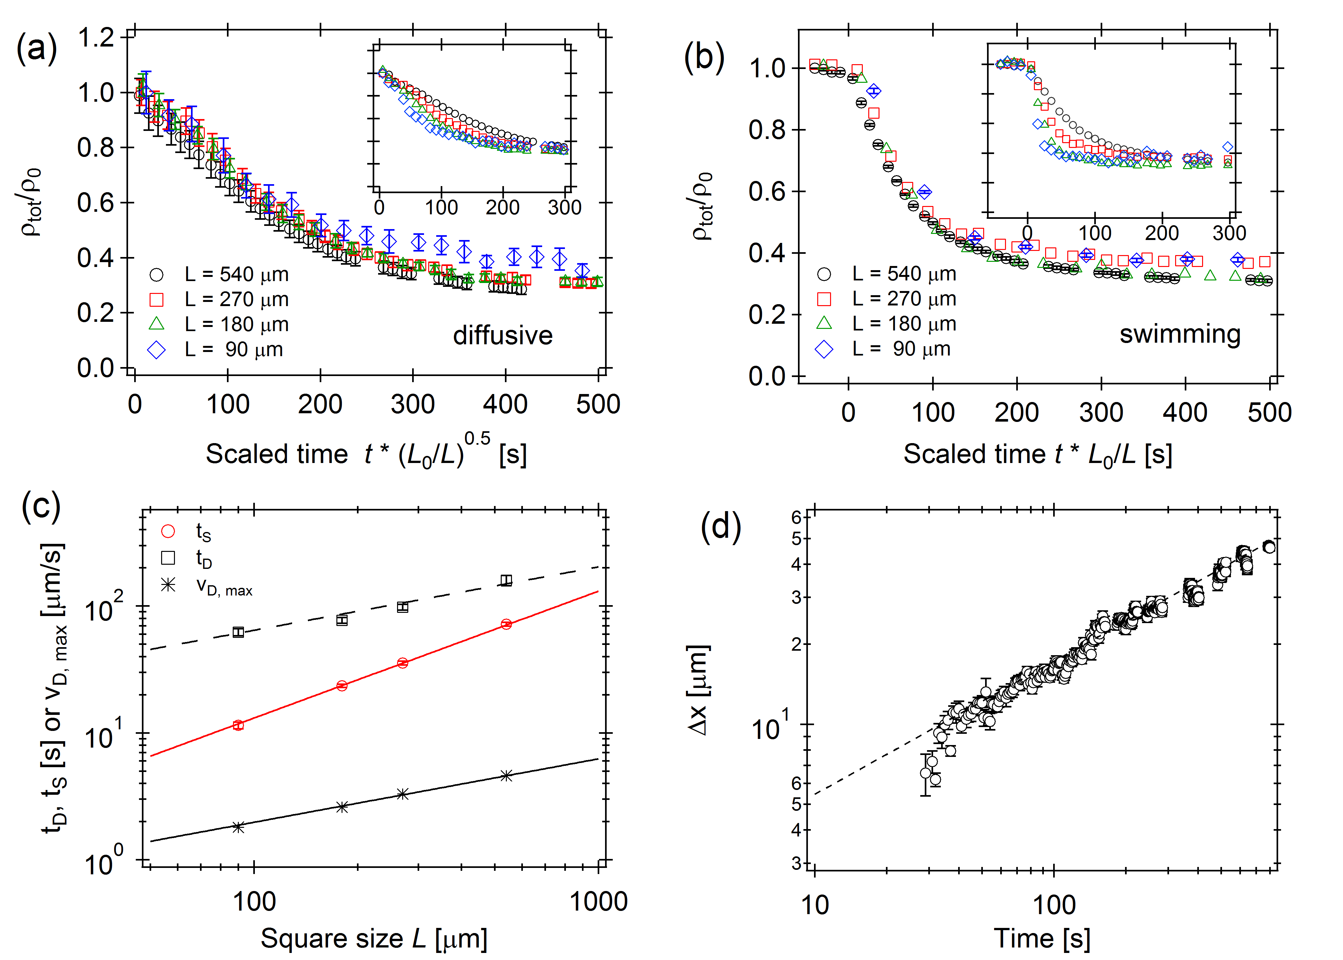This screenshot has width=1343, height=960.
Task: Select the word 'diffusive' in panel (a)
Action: point(503,336)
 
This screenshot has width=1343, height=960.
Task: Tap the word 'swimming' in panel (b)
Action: point(1180,334)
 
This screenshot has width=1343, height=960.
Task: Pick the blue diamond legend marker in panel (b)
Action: point(824,349)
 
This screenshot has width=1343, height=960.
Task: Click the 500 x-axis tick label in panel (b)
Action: point(1269,413)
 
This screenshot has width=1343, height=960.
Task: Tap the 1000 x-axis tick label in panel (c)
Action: point(598,902)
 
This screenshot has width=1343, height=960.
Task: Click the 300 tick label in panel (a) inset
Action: point(564,208)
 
